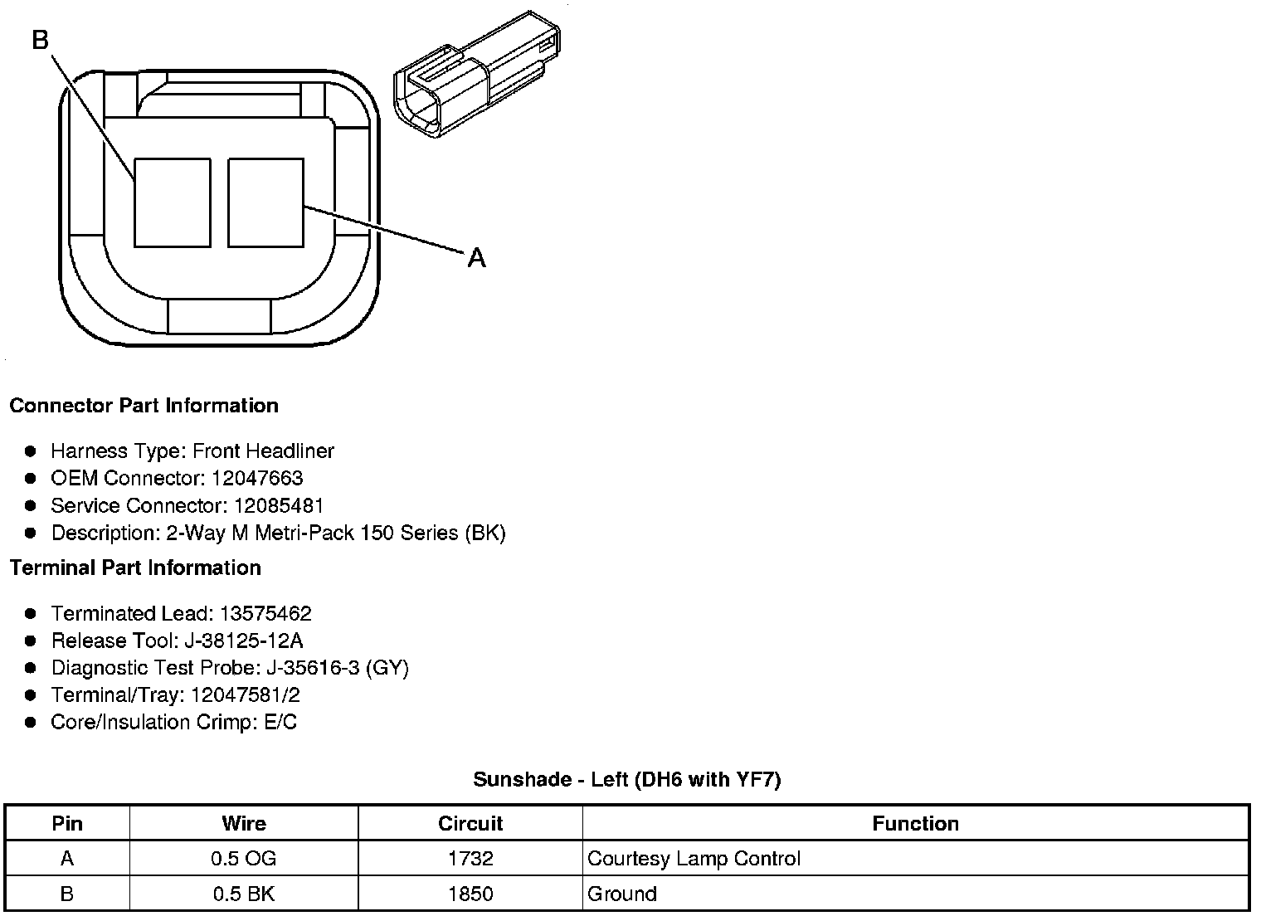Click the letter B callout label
click(41, 40)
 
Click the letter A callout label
click(476, 258)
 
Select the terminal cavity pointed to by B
click(173, 202)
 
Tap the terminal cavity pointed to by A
click(265, 202)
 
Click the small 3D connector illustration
click(477, 75)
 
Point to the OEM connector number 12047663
click(257, 478)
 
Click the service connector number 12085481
click(279, 505)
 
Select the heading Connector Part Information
click(144, 406)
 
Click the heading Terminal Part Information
click(136, 568)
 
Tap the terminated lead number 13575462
click(265, 613)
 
